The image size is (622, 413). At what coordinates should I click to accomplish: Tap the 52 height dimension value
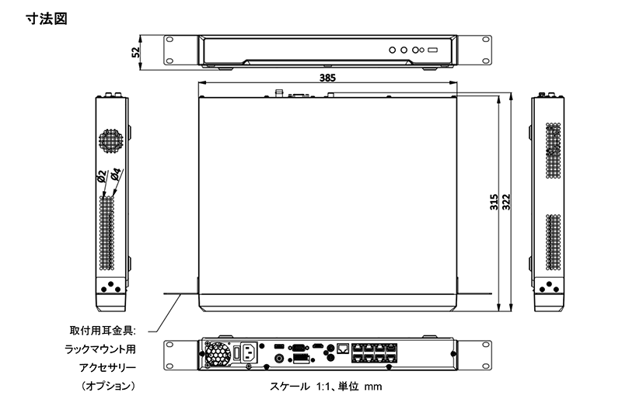click(x=137, y=52)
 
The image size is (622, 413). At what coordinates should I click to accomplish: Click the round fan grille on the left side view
click(x=109, y=141)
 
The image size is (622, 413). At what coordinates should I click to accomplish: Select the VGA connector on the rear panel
click(x=297, y=349)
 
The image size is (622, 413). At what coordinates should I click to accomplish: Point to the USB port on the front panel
click(x=432, y=50)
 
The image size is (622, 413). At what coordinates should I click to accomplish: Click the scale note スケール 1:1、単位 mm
click(x=326, y=386)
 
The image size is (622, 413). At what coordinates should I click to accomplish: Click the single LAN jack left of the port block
click(x=343, y=349)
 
